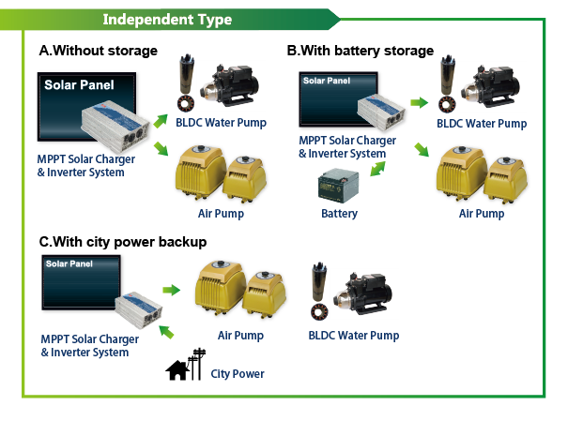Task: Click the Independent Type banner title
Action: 166,19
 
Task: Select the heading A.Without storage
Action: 98,51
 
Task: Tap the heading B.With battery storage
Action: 360,51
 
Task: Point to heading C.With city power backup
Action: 123,242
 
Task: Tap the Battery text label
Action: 339,214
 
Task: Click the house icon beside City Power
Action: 176,369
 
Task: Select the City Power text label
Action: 238,373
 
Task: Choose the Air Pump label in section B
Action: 481,214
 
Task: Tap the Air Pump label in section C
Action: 240,335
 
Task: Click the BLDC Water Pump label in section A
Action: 221,122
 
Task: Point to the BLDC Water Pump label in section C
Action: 354,335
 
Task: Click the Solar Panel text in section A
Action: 78,85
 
